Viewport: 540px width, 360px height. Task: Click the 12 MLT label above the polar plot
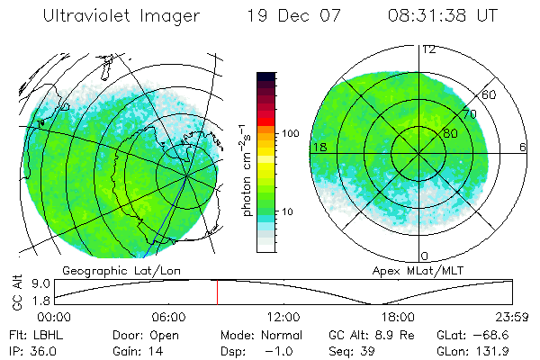tap(428, 49)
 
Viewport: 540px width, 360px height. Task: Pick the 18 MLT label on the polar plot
tap(319, 147)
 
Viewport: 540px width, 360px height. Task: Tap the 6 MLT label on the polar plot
tap(523, 147)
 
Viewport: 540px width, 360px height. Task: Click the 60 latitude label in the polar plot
tap(489, 94)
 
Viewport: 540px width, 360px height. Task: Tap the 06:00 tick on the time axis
tap(168, 317)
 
